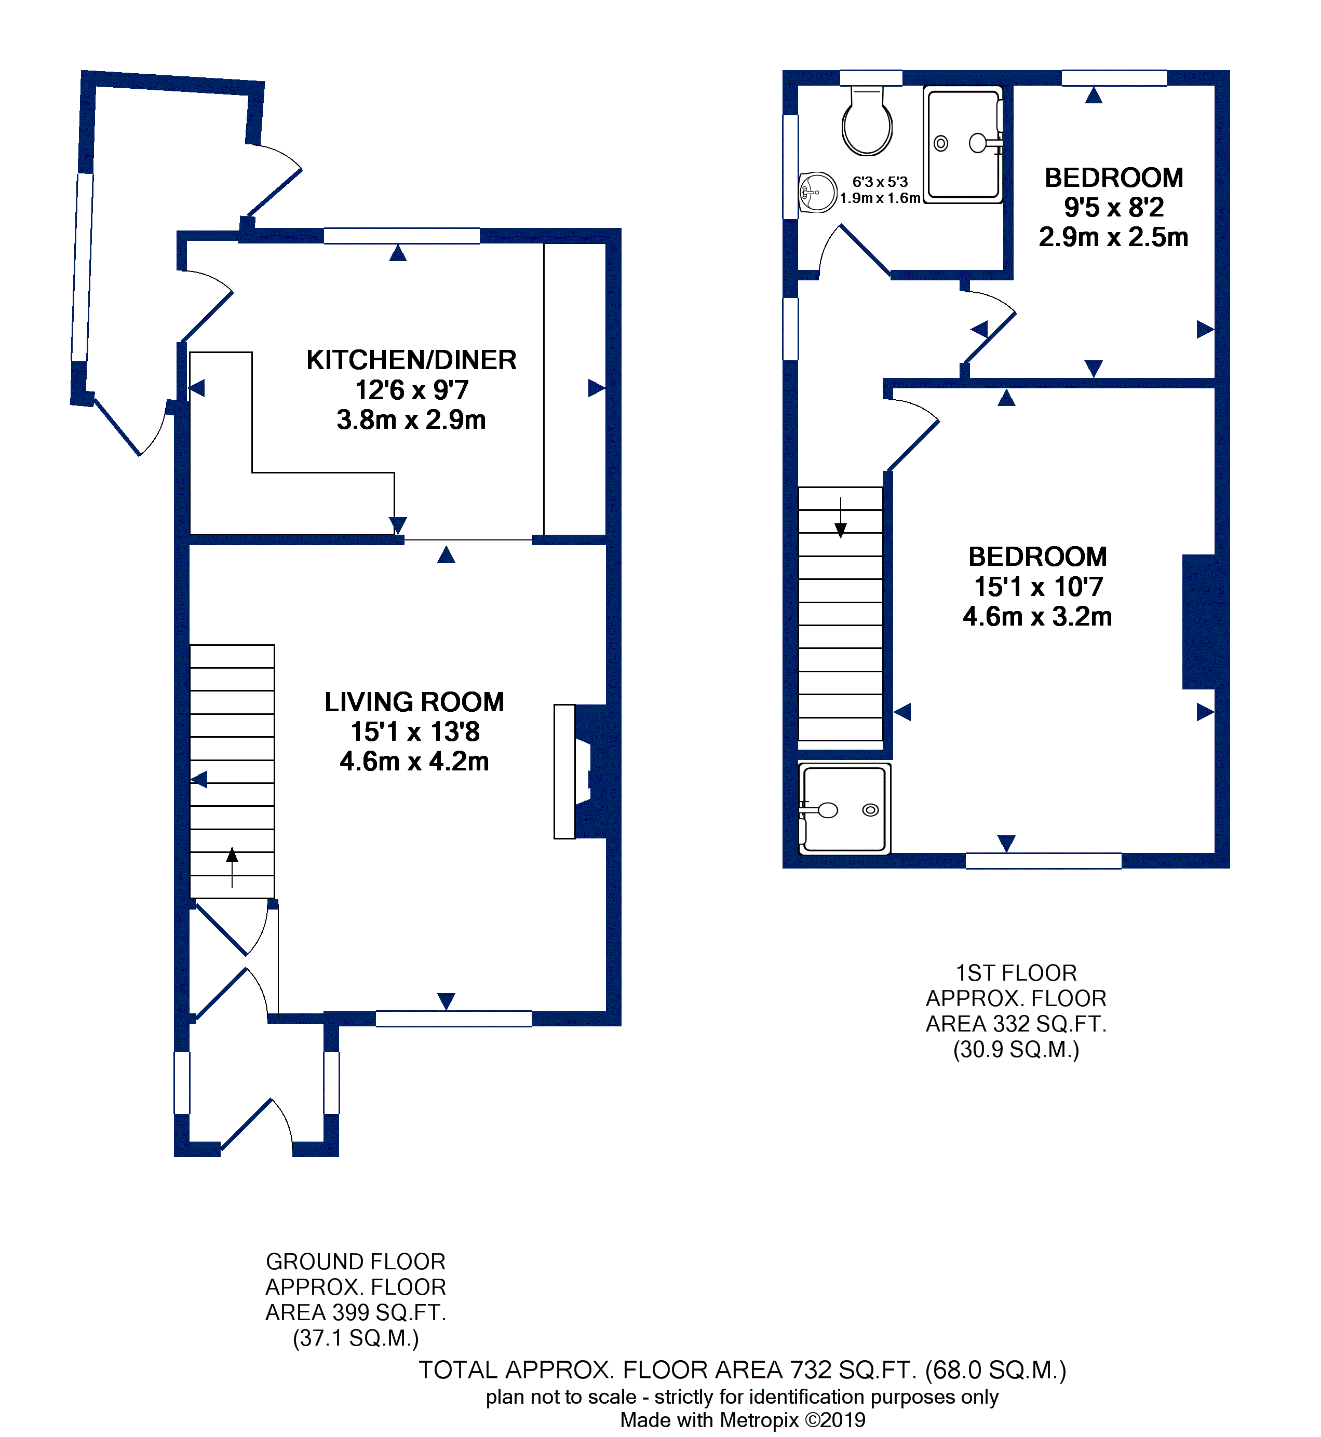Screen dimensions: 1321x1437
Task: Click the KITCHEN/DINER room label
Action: [411, 360]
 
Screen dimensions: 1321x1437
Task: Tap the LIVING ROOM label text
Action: [414, 702]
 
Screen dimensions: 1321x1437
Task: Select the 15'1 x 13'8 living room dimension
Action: [414, 731]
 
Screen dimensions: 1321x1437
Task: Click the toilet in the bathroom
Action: [867, 120]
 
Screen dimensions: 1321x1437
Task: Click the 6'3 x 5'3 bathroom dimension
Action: [880, 182]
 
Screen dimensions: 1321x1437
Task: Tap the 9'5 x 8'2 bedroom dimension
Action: [1114, 207]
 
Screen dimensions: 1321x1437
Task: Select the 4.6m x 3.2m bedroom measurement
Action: [1037, 616]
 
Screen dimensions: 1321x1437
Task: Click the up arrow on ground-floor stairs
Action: [232, 867]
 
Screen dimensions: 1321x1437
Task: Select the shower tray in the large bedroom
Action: [845, 809]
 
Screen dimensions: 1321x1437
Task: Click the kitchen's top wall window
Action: [402, 236]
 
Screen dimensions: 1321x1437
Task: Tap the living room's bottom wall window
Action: [454, 1018]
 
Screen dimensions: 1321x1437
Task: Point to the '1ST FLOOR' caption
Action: [1017, 972]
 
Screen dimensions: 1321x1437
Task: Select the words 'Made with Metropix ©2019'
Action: [743, 1419]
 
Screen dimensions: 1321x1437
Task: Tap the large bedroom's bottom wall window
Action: [1044, 861]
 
